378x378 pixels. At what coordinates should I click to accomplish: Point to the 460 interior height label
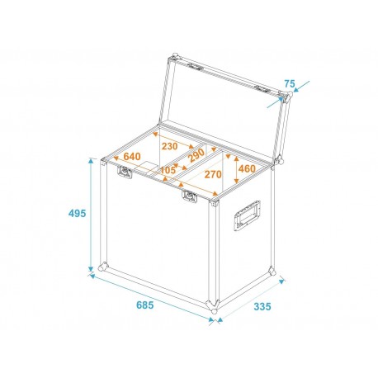click(247, 169)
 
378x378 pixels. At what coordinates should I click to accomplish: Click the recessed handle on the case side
click(247, 216)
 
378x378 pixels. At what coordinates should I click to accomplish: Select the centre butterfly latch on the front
click(190, 196)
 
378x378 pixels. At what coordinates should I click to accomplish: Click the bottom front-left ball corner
click(102, 267)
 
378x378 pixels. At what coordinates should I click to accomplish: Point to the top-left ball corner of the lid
click(173, 57)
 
